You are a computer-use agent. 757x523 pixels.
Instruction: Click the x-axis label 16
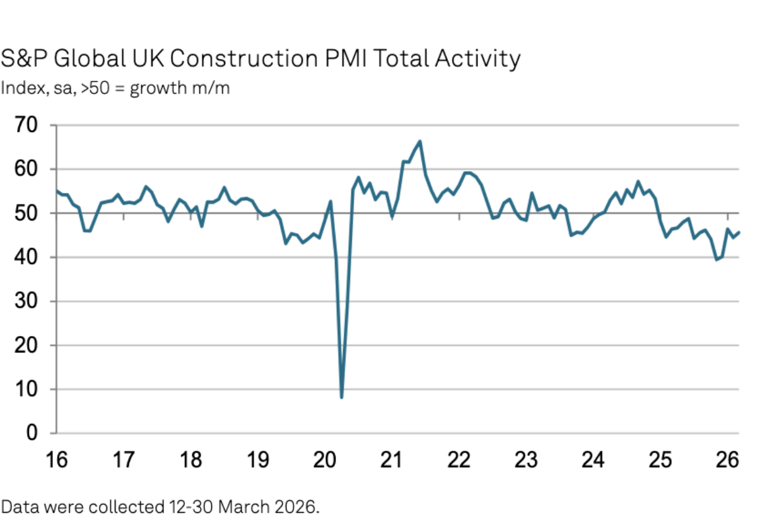[x=57, y=460]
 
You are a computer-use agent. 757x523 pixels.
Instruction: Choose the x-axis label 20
[x=324, y=460]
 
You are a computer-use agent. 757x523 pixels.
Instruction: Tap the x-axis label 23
[x=525, y=460]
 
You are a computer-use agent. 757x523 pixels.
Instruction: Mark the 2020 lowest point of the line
[x=341, y=397]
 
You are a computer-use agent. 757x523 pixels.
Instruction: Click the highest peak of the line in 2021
[x=420, y=141]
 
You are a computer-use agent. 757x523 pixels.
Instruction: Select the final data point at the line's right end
[x=739, y=232]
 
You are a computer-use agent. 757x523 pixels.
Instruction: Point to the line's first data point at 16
[x=57, y=190]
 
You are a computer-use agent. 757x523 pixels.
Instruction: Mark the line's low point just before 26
[x=716, y=260]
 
